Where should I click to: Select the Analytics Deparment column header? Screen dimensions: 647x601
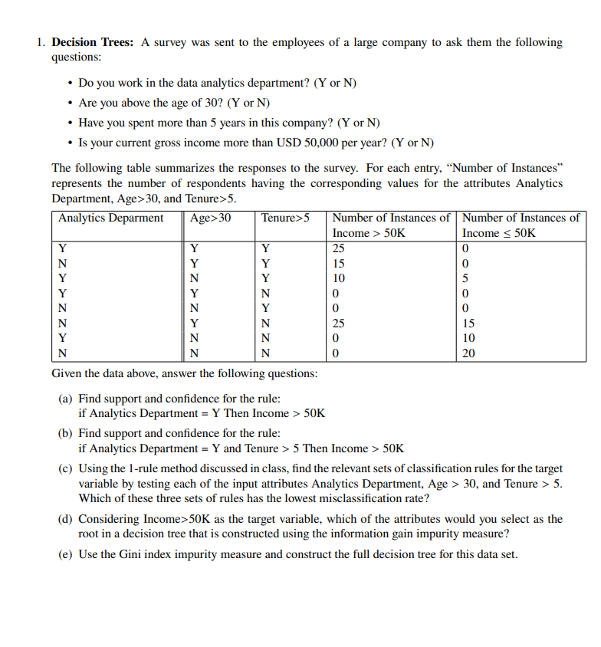point(110,218)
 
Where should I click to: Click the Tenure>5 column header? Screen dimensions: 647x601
point(285,218)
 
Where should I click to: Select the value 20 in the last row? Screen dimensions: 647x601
point(469,353)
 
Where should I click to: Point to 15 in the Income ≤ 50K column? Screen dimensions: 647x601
point(469,323)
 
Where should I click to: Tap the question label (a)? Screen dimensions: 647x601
point(66,399)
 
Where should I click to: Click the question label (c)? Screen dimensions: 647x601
point(66,468)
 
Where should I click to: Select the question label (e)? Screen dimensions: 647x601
point(66,553)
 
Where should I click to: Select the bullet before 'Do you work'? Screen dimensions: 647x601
point(71,83)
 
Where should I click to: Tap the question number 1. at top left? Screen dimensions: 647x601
point(41,43)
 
